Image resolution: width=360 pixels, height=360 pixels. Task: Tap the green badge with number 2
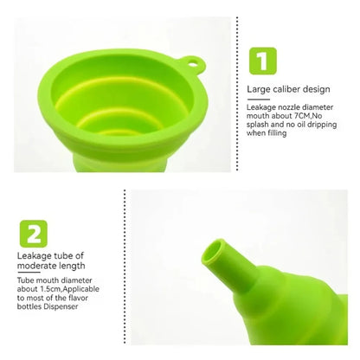[32, 234]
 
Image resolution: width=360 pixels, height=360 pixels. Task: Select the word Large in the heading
[257, 88]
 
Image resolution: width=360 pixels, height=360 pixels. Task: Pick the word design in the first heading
[312, 88]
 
